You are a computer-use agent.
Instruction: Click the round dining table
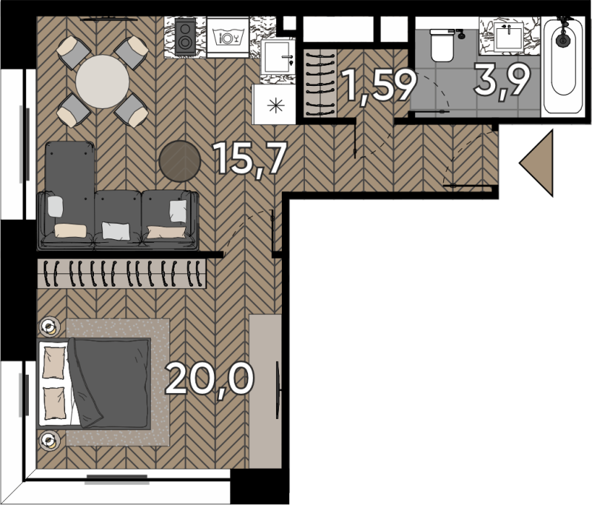102,81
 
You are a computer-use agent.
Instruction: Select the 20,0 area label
209,378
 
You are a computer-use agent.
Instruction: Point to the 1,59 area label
380,86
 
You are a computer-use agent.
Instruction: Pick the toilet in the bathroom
442,45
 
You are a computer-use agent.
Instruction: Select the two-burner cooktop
185,37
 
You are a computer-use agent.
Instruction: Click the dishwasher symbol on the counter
228,37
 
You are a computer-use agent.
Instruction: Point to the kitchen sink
277,57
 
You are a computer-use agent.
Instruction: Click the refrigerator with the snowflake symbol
275,104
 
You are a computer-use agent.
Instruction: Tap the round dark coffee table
180,161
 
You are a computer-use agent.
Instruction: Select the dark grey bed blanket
110,382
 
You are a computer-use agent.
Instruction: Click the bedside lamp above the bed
49,326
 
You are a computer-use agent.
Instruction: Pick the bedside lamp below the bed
49,441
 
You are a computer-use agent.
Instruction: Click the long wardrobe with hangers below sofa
122,273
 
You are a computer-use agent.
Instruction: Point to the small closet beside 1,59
320,83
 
